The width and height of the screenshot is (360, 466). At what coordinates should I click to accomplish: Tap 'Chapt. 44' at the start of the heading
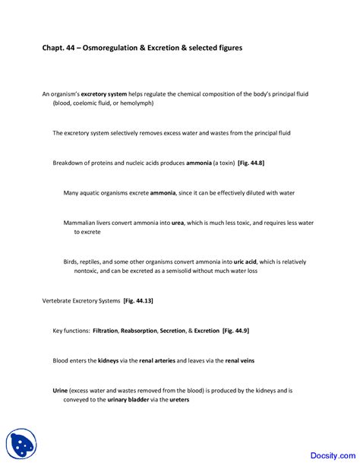pos(59,48)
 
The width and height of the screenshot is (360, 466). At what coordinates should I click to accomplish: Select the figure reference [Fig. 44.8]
pos(251,163)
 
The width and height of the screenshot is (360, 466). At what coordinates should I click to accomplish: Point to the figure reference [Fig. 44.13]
pos(138,301)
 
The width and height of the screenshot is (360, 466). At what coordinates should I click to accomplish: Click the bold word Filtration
pos(111,331)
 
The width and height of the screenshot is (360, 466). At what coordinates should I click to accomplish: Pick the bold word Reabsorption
pos(151,331)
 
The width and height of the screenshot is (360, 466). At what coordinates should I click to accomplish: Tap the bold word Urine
pos(60,390)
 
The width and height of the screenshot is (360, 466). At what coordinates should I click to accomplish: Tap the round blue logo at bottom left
pos(21,444)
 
